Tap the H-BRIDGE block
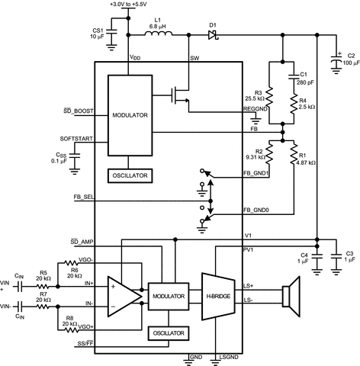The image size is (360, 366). (x=219, y=294)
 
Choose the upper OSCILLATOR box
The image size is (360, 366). (x=129, y=175)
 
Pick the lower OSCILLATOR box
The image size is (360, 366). (x=169, y=332)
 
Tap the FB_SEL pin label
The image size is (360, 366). (x=75, y=197)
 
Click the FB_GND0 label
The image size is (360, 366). (x=256, y=208)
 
